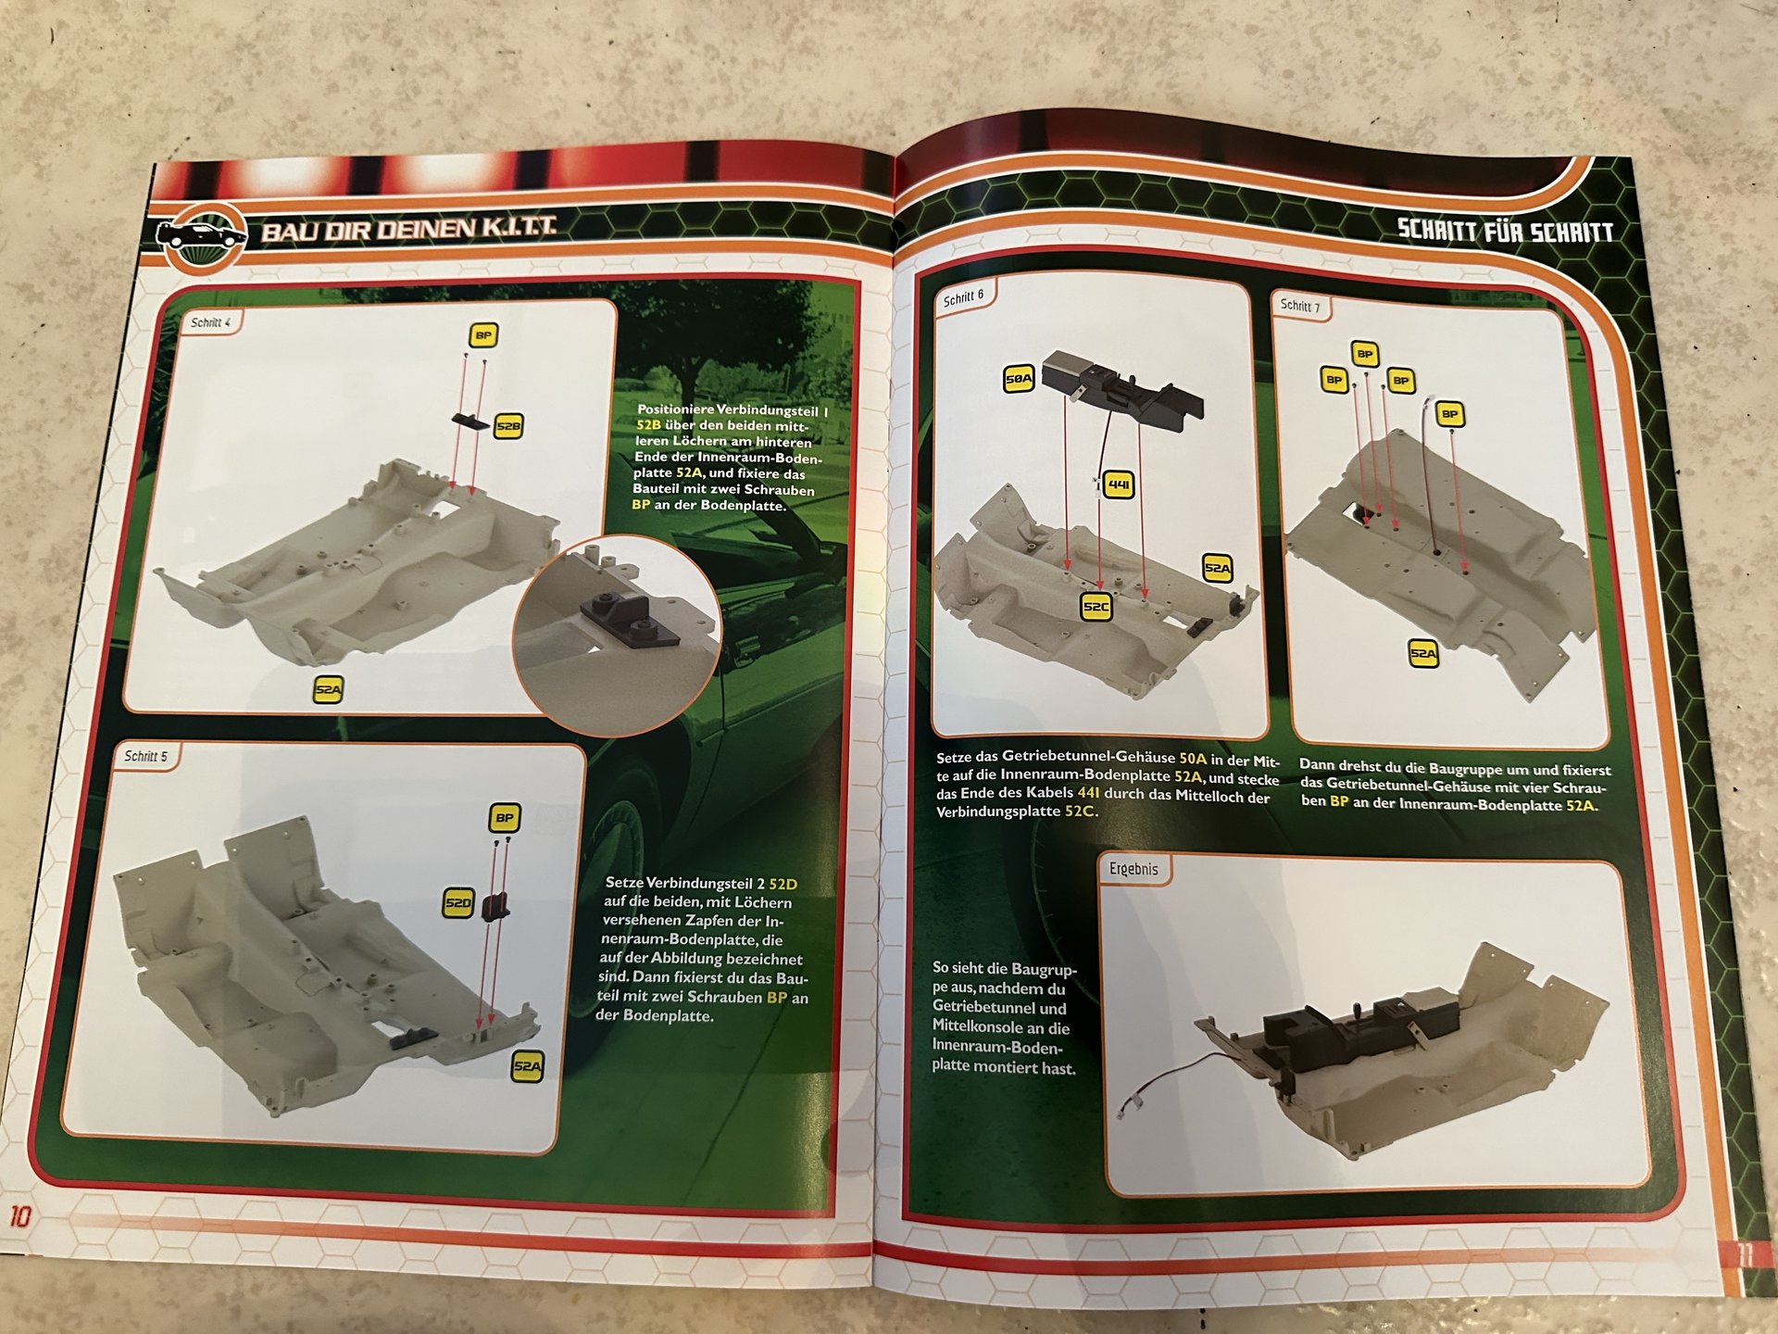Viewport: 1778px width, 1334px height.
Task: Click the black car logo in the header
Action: [201, 235]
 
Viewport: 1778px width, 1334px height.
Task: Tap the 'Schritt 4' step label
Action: [210, 322]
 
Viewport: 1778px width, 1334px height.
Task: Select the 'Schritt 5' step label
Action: [146, 756]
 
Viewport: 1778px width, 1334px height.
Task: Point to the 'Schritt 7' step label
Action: [1300, 305]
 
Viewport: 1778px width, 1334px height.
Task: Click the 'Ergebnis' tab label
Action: [1133, 869]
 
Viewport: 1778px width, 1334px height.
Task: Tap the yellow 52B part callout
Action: [508, 426]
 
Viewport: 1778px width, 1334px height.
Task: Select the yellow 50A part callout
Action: [1019, 378]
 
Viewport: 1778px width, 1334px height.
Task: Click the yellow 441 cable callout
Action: [1119, 485]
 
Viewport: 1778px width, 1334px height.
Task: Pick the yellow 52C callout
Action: [1096, 607]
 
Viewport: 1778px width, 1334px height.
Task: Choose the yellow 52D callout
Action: [458, 902]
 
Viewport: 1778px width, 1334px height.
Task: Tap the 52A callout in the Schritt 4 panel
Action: [328, 690]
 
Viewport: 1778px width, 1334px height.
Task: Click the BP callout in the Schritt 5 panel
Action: [504, 818]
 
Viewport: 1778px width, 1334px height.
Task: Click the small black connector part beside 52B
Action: [470, 420]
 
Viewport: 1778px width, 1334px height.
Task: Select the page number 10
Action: [19, 1216]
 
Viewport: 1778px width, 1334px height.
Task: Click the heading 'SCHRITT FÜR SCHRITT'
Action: [1506, 231]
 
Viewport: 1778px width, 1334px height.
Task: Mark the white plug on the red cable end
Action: [1127, 1108]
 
